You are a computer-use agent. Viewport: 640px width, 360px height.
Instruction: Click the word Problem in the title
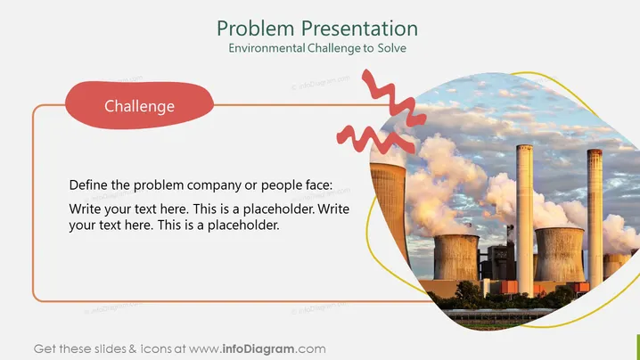coord(255,29)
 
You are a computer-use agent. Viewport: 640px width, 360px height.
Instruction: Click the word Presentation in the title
coord(359,29)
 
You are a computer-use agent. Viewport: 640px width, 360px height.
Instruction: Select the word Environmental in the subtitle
coord(267,48)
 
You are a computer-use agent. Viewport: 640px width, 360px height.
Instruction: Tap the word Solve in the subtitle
coord(392,48)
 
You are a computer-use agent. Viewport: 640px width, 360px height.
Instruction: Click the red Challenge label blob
coord(139,105)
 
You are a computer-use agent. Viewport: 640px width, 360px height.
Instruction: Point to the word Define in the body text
coord(88,184)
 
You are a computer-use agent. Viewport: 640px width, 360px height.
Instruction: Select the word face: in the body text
coord(319,184)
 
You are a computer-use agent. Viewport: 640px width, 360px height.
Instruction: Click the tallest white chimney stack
coord(524,219)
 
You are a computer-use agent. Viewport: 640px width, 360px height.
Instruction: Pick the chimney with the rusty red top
coord(595,218)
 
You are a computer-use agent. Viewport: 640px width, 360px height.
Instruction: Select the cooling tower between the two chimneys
coord(559,254)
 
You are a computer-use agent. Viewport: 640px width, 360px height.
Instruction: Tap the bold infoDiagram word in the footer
coord(258,349)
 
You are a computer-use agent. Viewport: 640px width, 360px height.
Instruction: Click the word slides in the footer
coord(111,349)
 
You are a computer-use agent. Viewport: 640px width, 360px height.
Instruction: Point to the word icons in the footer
coord(156,349)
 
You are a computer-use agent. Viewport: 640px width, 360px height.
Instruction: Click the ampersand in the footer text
coord(133,349)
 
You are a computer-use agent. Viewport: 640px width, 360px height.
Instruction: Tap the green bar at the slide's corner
coord(638,347)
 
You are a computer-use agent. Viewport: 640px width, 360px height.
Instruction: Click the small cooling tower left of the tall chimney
coord(455,258)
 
